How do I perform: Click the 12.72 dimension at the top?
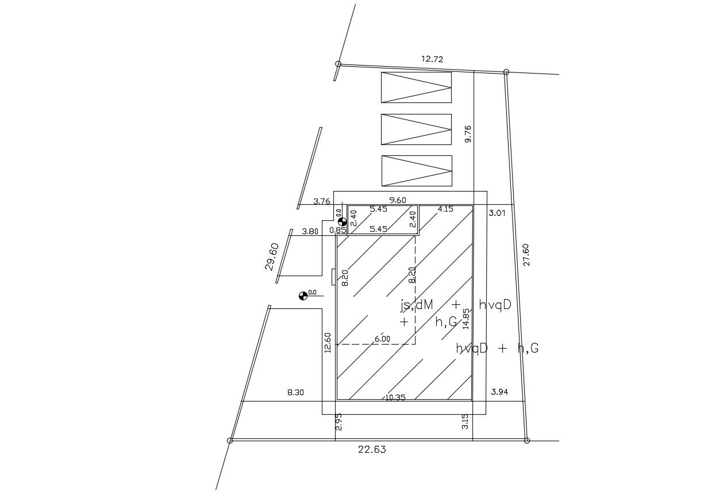click(432, 59)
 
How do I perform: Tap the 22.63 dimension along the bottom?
click(372, 450)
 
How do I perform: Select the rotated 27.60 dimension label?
click(526, 254)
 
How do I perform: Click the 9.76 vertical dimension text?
click(468, 134)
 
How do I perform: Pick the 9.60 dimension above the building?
click(398, 200)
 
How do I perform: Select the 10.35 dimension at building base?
click(395, 397)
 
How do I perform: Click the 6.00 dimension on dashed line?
click(382, 339)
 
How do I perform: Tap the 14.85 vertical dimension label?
click(466, 318)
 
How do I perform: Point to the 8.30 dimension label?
click(295, 392)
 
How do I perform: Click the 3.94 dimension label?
click(499, 392)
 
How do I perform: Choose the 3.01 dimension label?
click(497, 213)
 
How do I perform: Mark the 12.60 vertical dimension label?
click(328, 343)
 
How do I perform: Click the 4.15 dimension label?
click(446, 209)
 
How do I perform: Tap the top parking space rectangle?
click(416, 87)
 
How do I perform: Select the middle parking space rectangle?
click(416, 129)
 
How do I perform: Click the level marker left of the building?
click(303, 296)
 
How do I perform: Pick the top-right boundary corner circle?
click(506, 72)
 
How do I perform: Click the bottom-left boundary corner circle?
click(230, 441)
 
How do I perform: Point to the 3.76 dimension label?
click(322, 201)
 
